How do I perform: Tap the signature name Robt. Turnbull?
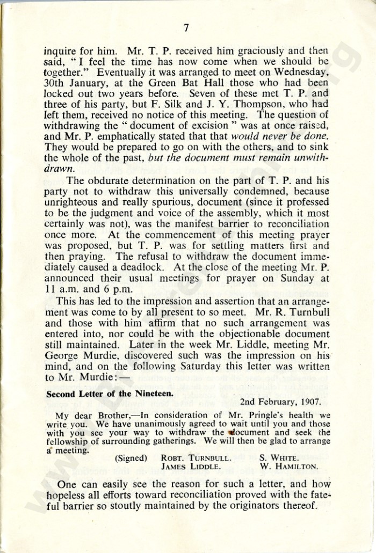click(196, 459)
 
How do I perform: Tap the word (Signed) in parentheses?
click(132, 459)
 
